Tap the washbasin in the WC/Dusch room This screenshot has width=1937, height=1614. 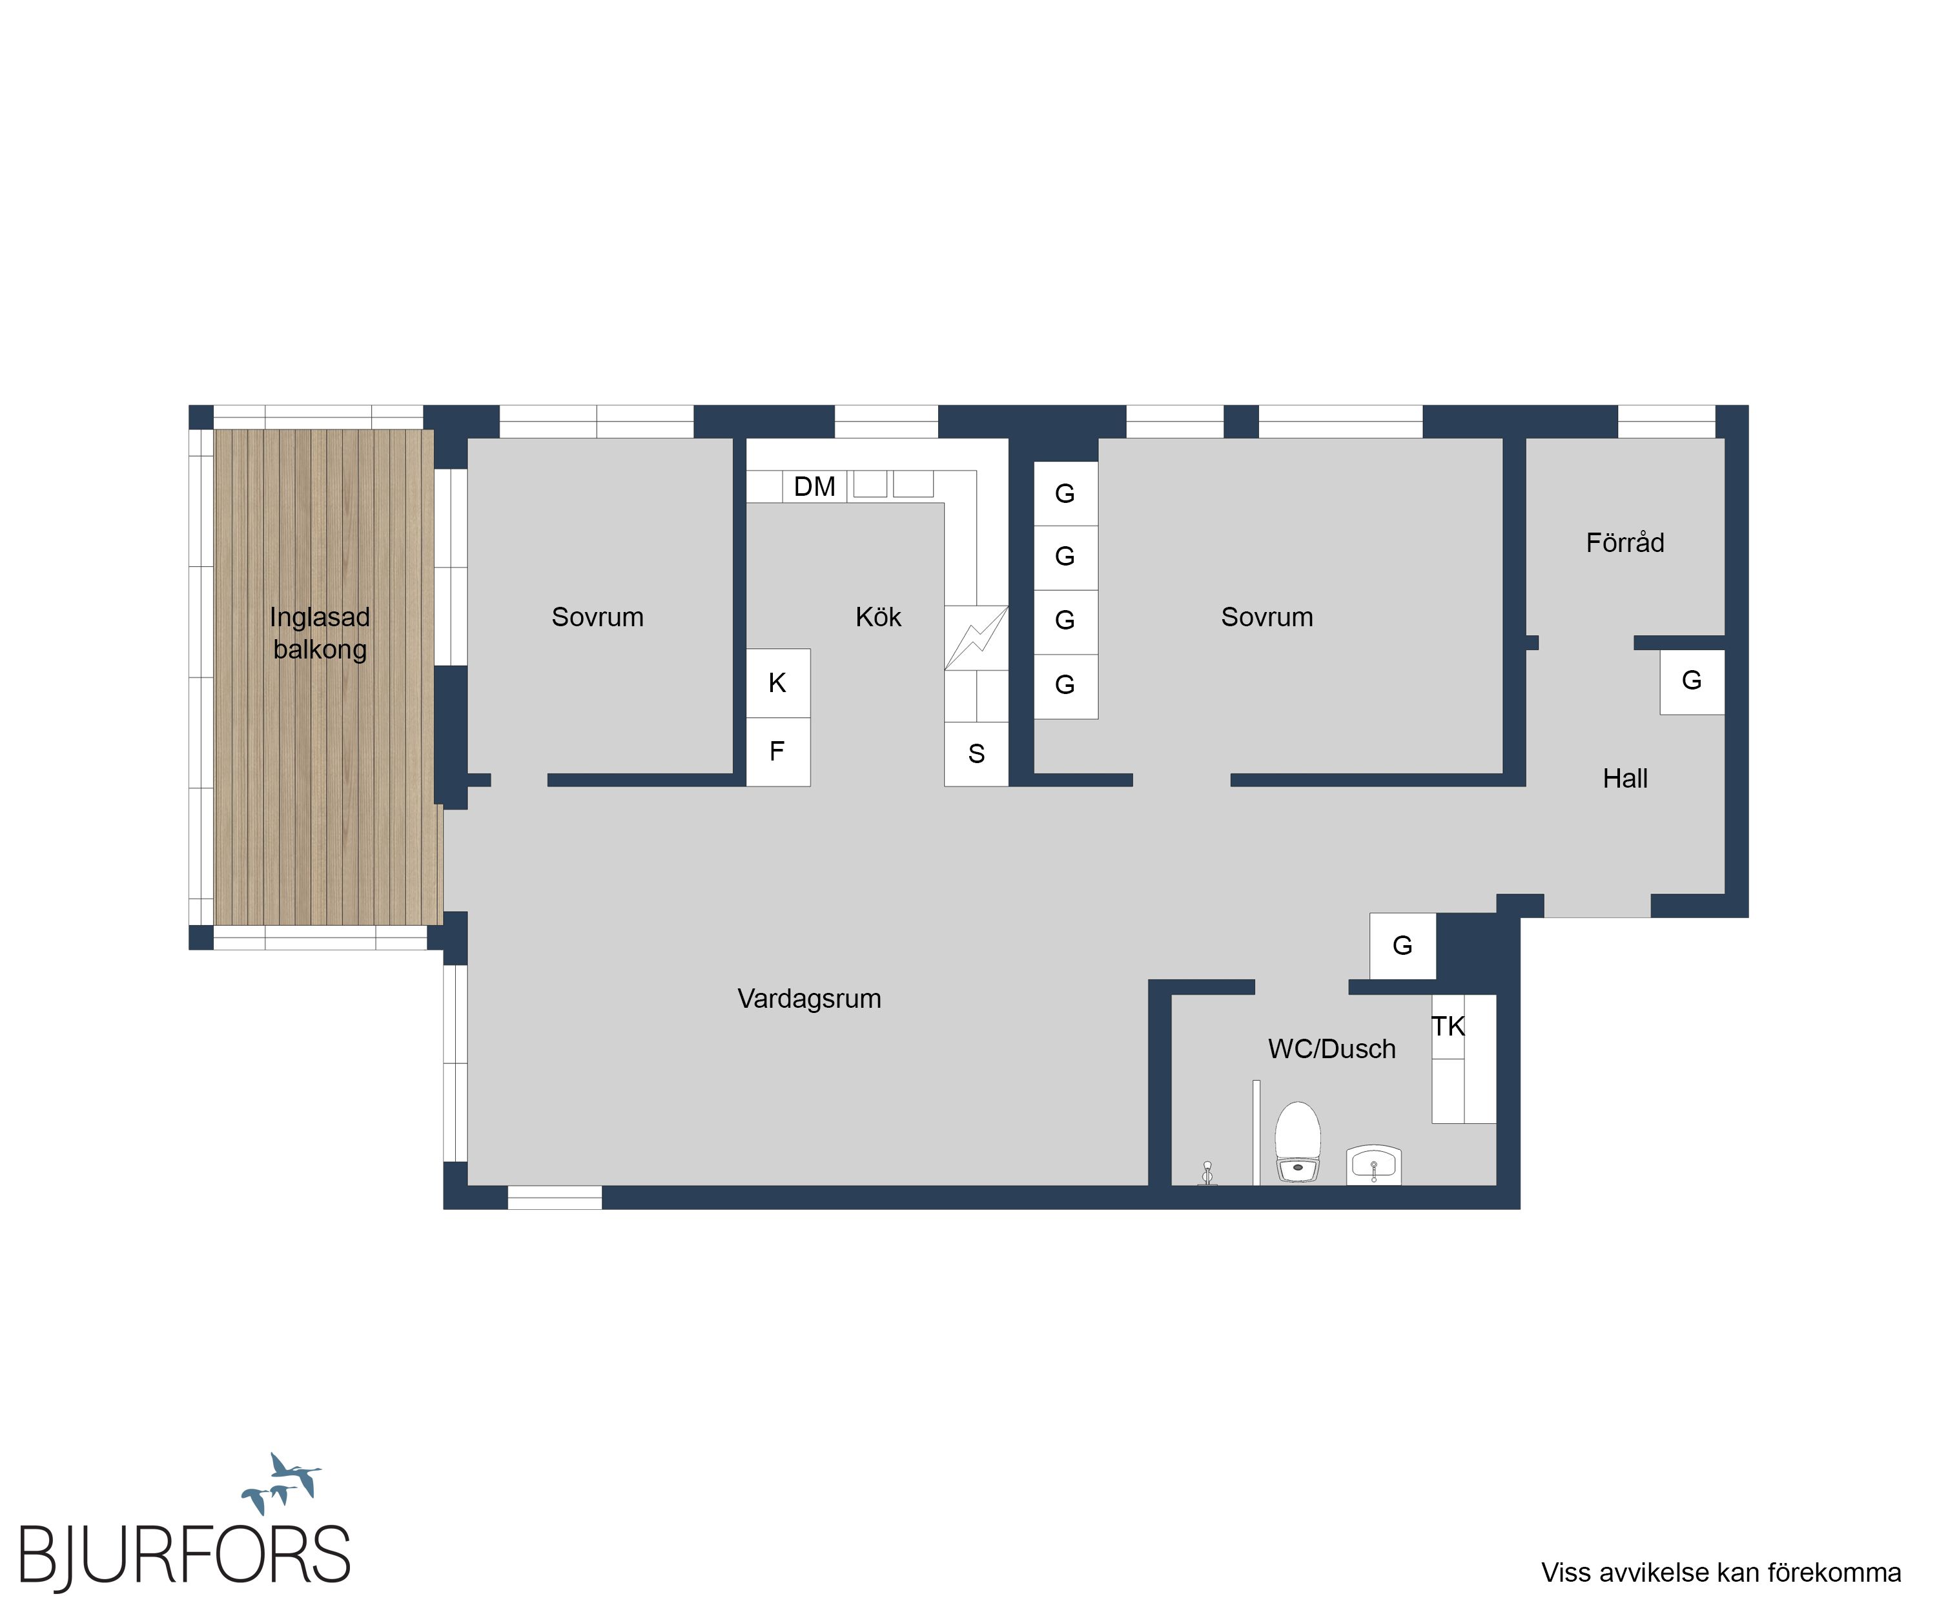coord(1373,1165)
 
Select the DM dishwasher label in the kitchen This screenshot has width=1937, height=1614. coord(814,486)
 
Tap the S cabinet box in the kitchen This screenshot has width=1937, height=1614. coord(976,753)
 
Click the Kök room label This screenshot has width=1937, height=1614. coord(878,617)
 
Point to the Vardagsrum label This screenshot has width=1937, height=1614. coord(809,999)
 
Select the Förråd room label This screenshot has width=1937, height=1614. coord(1625,542)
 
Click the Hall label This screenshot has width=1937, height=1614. coord(1625,779)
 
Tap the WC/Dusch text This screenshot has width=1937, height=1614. coord(1332,1048)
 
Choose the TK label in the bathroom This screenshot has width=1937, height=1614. coord(1448,1027)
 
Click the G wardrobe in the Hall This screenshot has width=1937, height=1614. coord(1692,682)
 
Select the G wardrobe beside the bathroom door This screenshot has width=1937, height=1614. coord(1402,945)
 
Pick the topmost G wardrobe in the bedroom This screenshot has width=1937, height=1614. coord(1065,493)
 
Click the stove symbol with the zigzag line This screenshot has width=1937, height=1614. coord(976,637)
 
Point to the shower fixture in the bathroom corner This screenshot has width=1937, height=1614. coord(1207,1173)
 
